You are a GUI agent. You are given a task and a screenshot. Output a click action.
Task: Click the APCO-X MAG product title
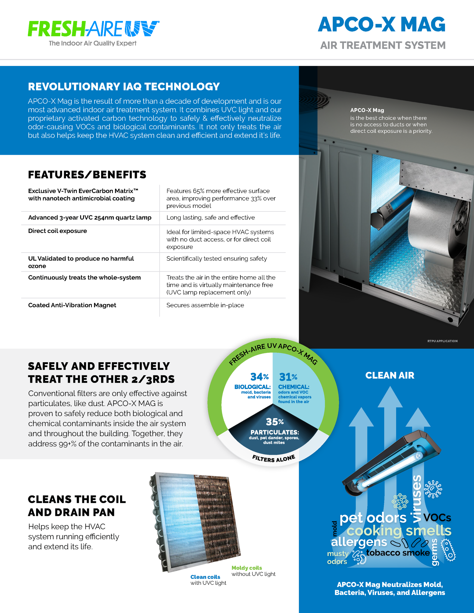pyautogui.click(x=381, y=25)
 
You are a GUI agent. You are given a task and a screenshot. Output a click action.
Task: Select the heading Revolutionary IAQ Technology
pyautogui.click(x=124, y=87)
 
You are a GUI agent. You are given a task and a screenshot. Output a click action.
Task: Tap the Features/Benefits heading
pyautogui.click(x=87, y=175)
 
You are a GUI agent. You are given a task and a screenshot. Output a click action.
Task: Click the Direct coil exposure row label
pyautogui.click(x=57, y=231)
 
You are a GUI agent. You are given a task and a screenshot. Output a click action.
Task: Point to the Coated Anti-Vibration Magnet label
pyautogui.click(x=72, y=305)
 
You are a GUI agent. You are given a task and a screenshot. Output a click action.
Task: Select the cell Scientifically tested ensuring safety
pyautogui.click(x=217, y=259)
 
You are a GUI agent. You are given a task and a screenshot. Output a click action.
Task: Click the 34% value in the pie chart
pyautogui.click(x=259, y=377)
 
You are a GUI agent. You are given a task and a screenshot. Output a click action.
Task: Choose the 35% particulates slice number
pyautogui.click(x=275, y=422)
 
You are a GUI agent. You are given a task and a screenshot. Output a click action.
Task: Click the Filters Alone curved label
pyautogui.click(x=274, y=458)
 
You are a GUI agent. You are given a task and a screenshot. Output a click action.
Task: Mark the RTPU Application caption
pyautogui.click(x=442, y=341)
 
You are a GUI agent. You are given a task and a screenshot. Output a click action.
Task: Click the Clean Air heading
pyautogui.click(x=390, y=375)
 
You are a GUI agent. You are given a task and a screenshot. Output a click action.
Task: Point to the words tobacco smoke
pyautogui.click(x=398, y=553)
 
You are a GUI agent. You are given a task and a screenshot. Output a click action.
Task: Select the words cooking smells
pyautogui.click(x=399, y=530)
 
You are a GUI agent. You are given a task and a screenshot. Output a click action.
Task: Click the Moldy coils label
pyautogui.click(x=246, y=568)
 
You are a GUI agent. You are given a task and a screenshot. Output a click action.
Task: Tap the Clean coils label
pyautogui.click(x=205, y=577)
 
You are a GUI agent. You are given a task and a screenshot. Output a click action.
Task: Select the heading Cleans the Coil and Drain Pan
pyautogui.click(x=77, y=506)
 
